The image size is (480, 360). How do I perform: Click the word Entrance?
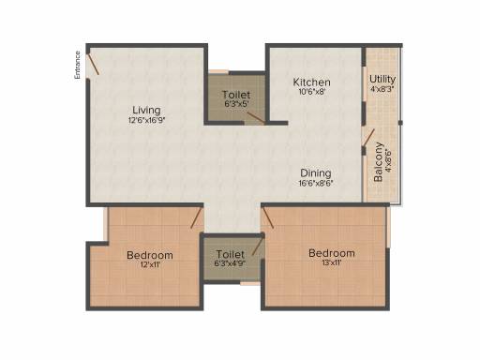(x=79, y=65)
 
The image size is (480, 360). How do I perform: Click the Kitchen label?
(x=311, y=82)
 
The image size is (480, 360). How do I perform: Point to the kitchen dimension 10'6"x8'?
(x=311, y=92)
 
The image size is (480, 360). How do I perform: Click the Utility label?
(x=382, y=79)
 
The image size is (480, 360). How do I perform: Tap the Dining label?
(x=315, y=172)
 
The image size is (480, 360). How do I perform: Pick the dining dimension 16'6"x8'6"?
(x=315, y=183)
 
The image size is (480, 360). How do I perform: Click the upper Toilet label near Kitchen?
(x=235, y=96)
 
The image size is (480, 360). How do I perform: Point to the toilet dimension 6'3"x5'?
(x=235, y=105)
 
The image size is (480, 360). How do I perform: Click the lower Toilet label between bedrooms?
(x=231, y=254)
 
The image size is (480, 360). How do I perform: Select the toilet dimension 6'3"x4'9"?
(x=231, y=263)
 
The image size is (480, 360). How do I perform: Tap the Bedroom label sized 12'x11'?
(x=150, y=255)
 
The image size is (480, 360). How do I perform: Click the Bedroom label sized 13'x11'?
(x=332, y=253)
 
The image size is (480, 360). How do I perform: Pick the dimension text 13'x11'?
(x=332, y=263)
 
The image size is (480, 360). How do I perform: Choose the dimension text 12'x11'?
(x=150, y=265)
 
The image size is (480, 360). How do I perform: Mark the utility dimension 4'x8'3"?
(x=382, y=89)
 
